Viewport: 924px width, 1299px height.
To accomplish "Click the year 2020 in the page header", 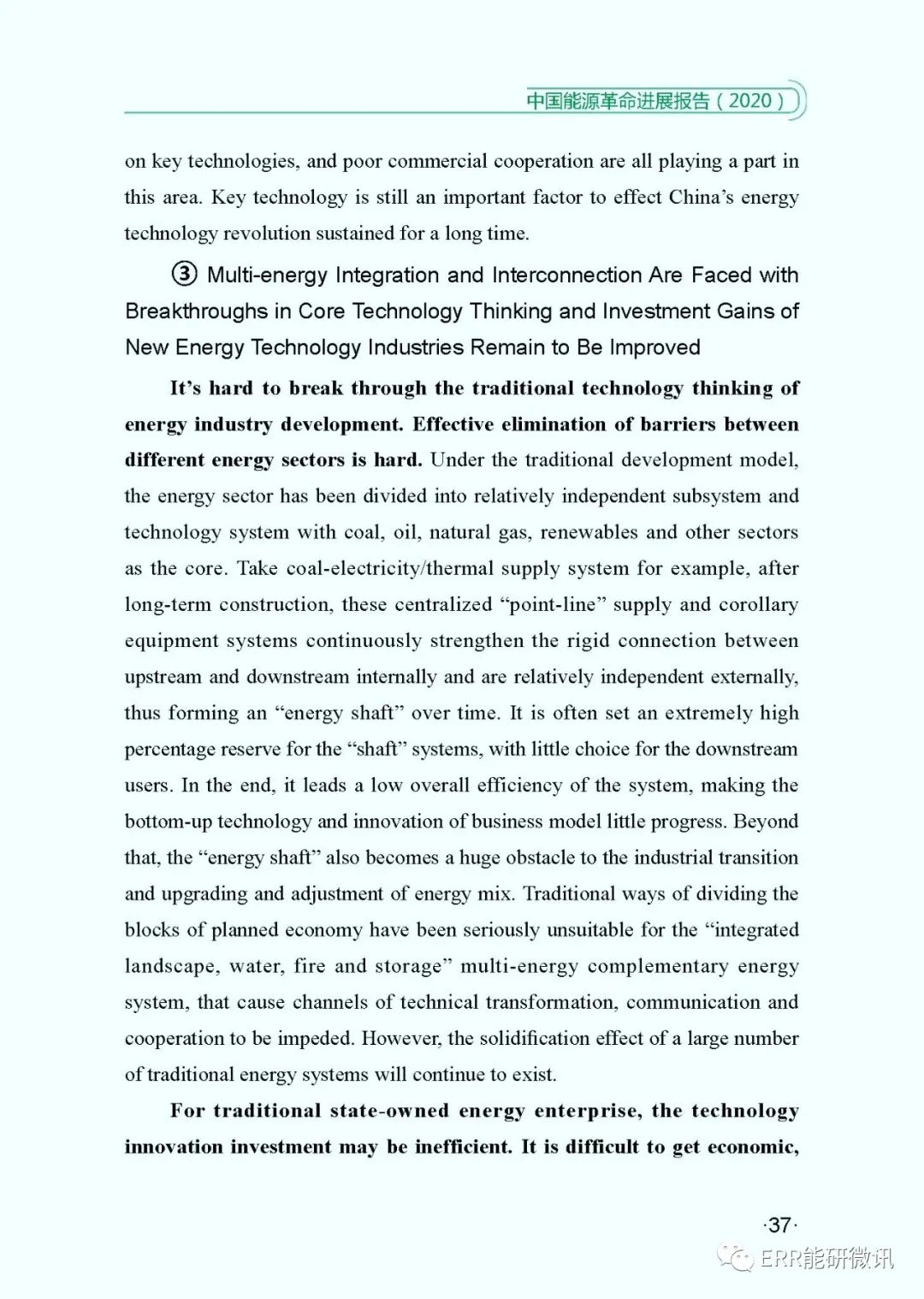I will tap(750, 100).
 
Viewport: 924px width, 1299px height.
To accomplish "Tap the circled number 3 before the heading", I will tap(184, 275).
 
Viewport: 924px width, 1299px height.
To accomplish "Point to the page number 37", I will tap(779, 1225).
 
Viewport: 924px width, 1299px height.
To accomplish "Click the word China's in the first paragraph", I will tap(702, 197).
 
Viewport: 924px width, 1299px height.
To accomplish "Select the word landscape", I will tap(170, 966).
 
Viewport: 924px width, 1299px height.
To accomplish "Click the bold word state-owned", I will tap(389, 1111).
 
